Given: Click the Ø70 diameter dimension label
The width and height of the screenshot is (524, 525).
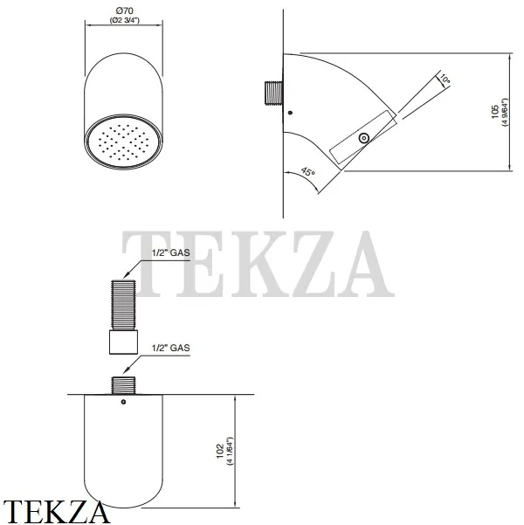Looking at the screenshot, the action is click(x=124, y=11).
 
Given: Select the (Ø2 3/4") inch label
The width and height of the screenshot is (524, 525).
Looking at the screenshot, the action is click(x=125, y=20).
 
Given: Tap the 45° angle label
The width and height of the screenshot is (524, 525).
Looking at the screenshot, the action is click(x=307, y=172).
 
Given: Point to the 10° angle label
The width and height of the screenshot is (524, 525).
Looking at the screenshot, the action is click(x=445, y=79).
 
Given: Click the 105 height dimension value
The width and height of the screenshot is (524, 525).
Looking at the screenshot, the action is click(x=495, y=112).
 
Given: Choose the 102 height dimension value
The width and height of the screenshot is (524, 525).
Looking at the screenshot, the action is click(x=220, y=451).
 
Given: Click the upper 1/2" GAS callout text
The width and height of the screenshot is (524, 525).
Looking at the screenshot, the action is click(x=171, y=252).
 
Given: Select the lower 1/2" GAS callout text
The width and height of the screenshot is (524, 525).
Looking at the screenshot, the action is click(x=171, y=348).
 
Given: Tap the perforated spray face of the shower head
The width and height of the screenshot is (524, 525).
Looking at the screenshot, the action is click(x=123, y=142).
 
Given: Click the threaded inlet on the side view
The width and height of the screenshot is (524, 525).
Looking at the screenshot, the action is click(x=274, y=93).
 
